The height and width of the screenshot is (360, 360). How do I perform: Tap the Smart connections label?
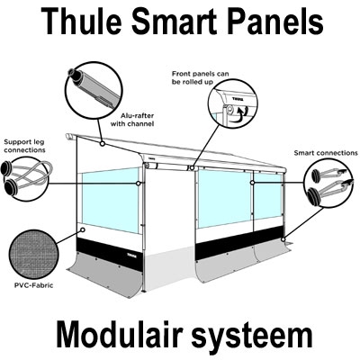click(x=319, y=154)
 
